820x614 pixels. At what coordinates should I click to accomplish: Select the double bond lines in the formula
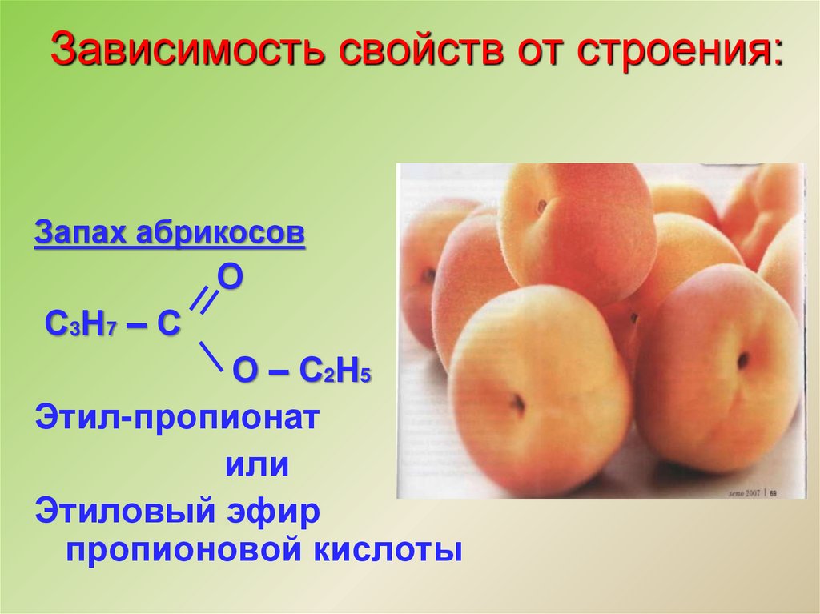point(206,300)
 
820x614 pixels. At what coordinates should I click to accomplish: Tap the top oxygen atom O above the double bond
point(231,276)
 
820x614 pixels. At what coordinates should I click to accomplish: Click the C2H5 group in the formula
point(334,373)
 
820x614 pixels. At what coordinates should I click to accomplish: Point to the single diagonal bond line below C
point(210,355)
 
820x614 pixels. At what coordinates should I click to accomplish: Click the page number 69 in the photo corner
point(774,492)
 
